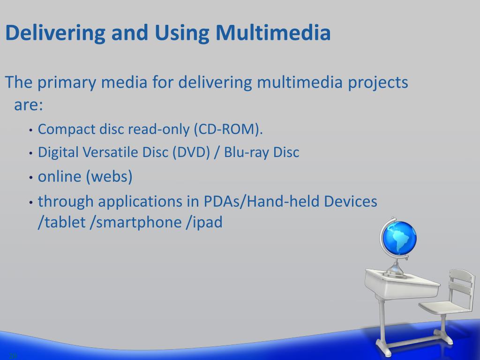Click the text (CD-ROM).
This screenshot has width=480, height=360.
[228, 129]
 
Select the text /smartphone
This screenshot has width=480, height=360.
[135, 222]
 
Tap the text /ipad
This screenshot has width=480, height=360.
[204, 222]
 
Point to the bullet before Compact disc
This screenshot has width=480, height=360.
[30, 130]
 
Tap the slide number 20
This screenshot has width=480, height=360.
[13, 356]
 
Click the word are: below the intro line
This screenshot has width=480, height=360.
[28, 105]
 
